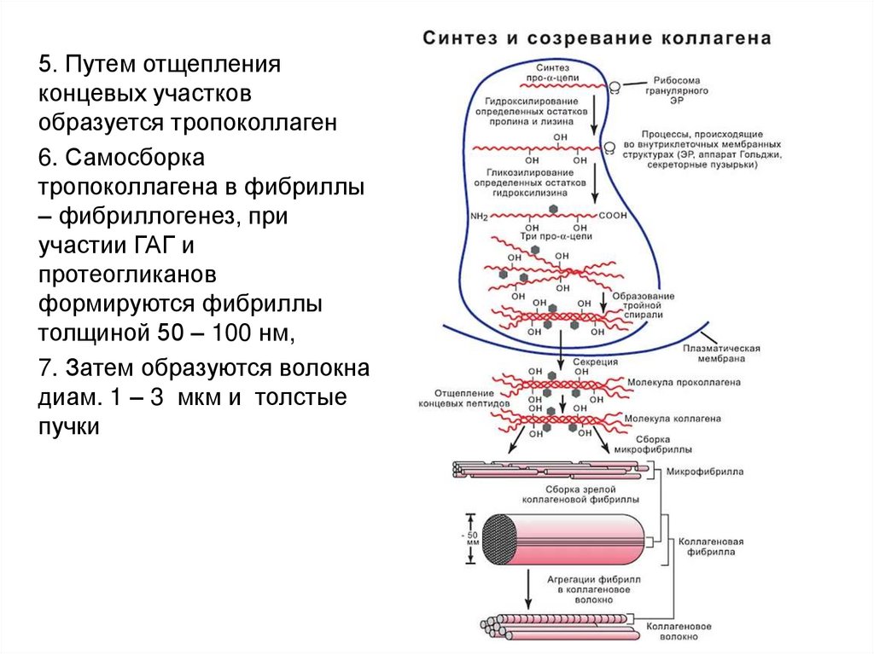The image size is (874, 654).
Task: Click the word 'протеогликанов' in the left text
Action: click(x=127, y=275)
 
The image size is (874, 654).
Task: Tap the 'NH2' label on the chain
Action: click(x=479, y=217)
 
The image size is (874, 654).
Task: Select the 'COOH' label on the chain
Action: click(x=612, y=216)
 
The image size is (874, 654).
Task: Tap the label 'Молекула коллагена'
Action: click(x=672, y=419)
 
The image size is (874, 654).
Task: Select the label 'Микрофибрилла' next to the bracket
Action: click(x=705, y=471)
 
